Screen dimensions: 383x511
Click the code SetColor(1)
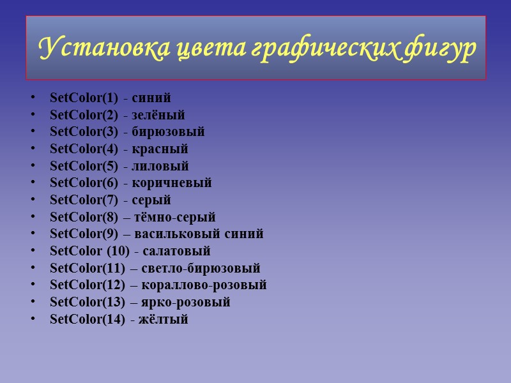[84, 98]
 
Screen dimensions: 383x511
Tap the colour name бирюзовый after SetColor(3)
[168, 132]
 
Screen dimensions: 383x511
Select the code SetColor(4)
[84, 149]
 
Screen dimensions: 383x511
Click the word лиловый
[160, 167]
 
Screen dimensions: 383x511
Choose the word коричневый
[172, 183]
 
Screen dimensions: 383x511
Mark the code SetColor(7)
[84, 200]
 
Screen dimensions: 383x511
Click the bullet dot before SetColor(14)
[33, 320]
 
